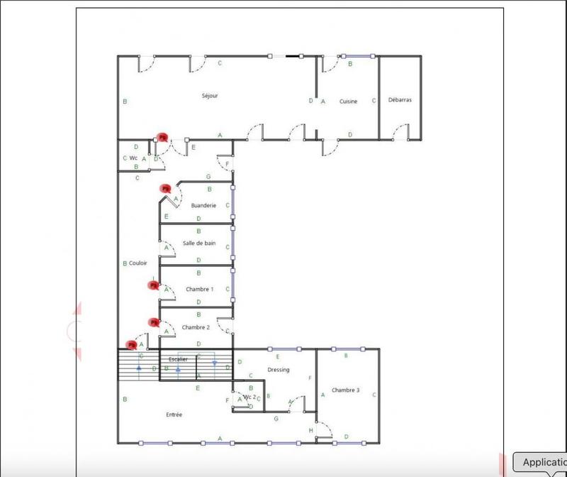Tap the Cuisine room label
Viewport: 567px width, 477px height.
click(348, 102)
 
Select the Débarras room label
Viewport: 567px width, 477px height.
click(400, 100)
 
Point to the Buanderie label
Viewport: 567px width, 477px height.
click(203, 205)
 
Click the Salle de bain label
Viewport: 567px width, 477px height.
click(199, 243)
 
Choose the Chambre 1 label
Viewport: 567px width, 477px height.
click(199, 289)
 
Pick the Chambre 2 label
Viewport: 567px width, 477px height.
click(195, 327)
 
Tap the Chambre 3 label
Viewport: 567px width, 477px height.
click(345, 390)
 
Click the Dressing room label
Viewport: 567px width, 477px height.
click(279, 369)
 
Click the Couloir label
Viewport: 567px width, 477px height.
click(137, 263)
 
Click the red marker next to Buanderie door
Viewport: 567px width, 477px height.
click(165, 189)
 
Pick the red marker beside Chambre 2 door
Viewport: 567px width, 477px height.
click(153, 322)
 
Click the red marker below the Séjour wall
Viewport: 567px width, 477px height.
click(162, 137)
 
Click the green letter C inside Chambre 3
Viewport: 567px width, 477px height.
click(374, 394)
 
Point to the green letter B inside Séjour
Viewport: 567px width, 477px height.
click(125, 102)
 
